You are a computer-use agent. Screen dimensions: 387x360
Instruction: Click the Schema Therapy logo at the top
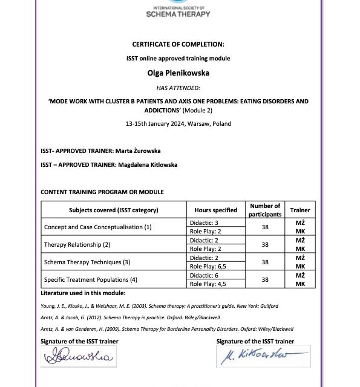178,9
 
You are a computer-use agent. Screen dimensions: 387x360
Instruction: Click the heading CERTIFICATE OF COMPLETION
178,44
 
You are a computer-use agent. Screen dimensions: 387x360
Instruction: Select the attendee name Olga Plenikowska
178,73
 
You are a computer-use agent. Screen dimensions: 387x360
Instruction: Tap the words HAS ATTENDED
178,88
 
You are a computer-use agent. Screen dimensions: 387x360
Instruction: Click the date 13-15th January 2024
178,123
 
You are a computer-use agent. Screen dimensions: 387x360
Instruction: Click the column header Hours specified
215,210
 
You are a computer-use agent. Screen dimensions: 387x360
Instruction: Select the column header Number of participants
265,210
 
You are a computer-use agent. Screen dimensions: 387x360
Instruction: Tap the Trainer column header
300,210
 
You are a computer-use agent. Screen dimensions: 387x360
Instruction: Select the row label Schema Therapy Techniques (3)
87,262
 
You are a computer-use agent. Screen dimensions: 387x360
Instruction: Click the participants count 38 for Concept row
265,227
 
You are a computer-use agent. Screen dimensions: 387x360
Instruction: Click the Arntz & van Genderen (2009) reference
166,329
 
